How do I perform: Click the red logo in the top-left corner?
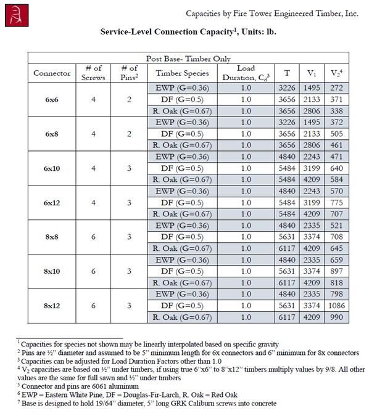coord(15,15)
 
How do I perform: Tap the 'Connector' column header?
coord(52,73)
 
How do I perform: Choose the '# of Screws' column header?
coord(94,73)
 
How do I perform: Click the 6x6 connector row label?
coord(52,99)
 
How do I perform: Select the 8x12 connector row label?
coord(52,306)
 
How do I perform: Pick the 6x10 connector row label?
coord(52,168)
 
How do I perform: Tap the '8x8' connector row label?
coord(52,237)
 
